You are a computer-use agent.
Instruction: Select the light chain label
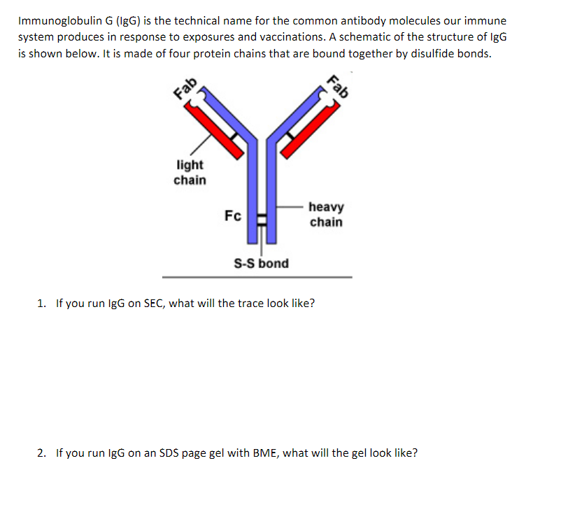[190, 173]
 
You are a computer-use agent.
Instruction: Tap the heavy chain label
[326, 215]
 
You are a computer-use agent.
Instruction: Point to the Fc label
[233, 215]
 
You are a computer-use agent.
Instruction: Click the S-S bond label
[260, 264]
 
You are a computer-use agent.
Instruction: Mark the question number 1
[41, 304]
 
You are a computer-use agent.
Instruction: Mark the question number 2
[41, 453]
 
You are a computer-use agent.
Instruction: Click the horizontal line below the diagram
[257, 277]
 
